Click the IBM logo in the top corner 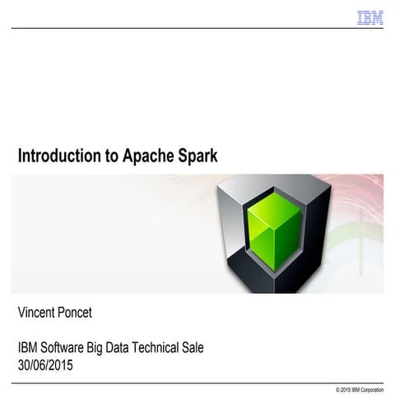[x=370, y=17]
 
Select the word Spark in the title [x=197, y=156]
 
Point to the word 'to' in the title [x=109, y=156]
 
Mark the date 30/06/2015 [x=45, y=365]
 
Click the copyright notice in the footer [x=360, y=388]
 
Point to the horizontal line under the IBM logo [x=197, y=29]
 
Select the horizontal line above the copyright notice [x=197, y=382]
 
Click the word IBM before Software [x=30, y=348]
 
